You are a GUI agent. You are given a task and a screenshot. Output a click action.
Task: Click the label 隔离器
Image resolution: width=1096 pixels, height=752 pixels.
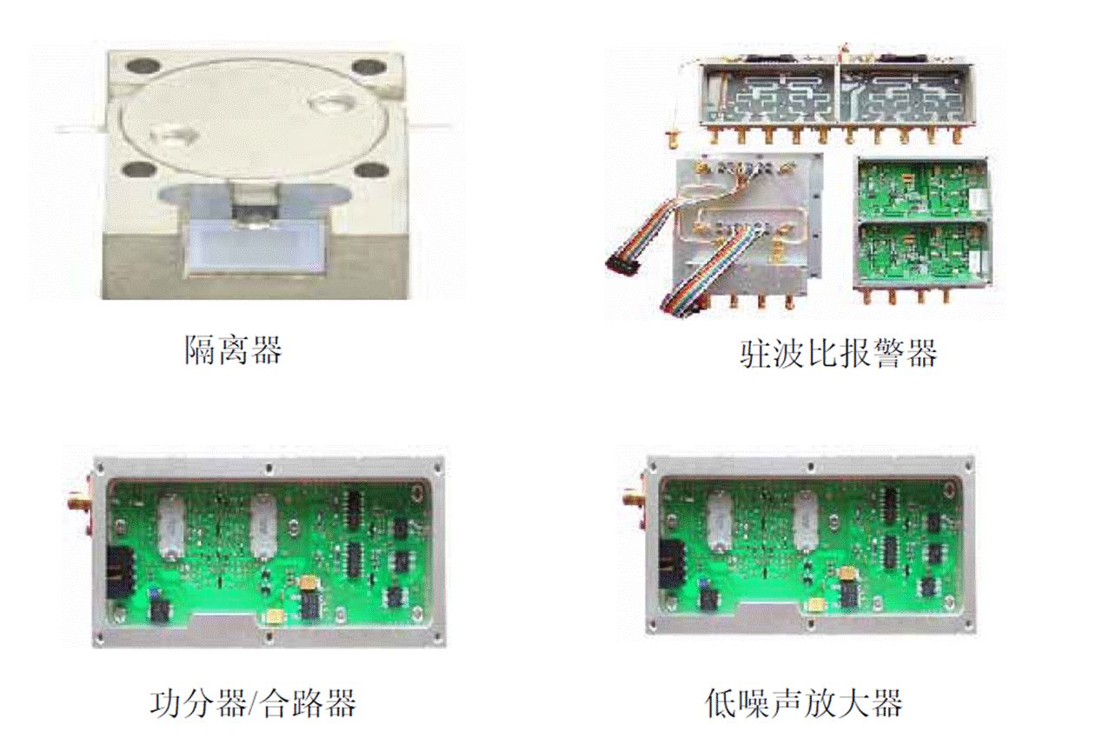tap(234, 349)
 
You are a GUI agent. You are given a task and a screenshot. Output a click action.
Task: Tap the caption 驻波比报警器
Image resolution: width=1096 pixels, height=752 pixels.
tap(838, 353)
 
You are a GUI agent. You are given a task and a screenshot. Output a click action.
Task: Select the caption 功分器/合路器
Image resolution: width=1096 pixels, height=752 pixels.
tap(253, 703)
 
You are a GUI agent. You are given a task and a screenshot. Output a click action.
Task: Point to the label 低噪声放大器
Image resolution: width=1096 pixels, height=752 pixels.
tap(803, 703)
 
